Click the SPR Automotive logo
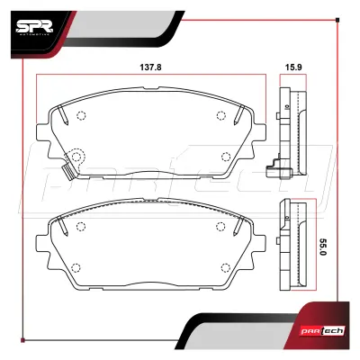(34, 28)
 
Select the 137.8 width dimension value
(150, 67)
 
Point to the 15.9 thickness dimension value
(293, 67)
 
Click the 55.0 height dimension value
(323, 247)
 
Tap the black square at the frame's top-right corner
(337, 20)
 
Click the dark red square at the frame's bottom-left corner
(22, 340)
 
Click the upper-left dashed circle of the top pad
(81, 115)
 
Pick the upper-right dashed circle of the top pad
(220, 115)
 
